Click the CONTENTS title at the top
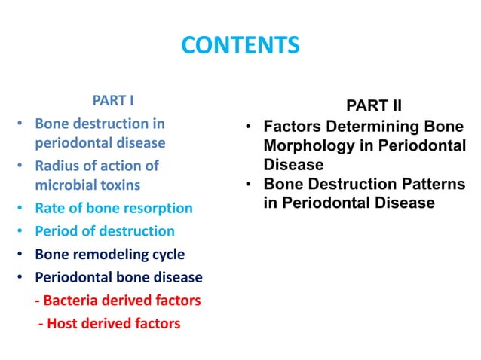point(240,47)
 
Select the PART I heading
point(113,99)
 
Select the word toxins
point(121,184)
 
